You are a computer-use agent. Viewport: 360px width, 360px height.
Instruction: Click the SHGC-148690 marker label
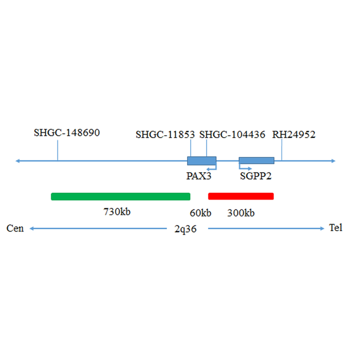(x=67, y=133)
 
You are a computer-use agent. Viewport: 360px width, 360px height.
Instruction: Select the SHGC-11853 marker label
(x=165, y=135)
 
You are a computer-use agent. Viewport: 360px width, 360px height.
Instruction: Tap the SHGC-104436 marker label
(x=232, y=135)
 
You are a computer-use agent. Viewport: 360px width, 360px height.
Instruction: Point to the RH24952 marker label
(x=294, y=135)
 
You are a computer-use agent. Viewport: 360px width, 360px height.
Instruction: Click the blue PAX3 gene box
(x=202, y=160)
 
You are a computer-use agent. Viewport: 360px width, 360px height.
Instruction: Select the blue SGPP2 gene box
(x=256, y=160)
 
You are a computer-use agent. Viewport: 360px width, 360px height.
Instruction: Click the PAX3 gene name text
(x=199, y=176)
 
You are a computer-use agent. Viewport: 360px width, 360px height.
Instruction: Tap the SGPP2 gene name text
(x=256, y=176)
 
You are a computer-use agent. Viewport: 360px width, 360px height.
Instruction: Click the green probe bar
(x=120, y=196)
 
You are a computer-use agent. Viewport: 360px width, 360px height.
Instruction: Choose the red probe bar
(x=241, y=196)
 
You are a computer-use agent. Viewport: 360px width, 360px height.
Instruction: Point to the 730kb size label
(x=117, y=212)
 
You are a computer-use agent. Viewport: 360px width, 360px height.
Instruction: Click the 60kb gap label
(x=201, y=213)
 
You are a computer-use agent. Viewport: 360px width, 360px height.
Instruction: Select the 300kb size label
(x=241, y=213)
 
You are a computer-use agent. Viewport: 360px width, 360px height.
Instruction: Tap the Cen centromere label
(x=15, y=228)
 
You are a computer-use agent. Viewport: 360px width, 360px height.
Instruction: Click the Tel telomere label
(x=335, y=228)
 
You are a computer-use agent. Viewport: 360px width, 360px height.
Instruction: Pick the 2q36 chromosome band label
(x=185, y=229)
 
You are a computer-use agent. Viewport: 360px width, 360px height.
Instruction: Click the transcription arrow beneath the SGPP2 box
(x=245, y=167)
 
